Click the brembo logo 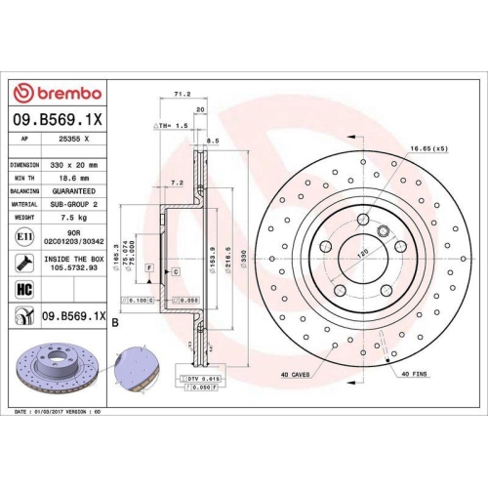tap(56, 93)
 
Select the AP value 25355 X tap(73, 139)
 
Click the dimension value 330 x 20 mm tap(75, 165)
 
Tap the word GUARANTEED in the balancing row tap(75, 192)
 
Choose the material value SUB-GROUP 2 tap(75, 206)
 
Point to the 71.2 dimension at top tap(181, 95)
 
